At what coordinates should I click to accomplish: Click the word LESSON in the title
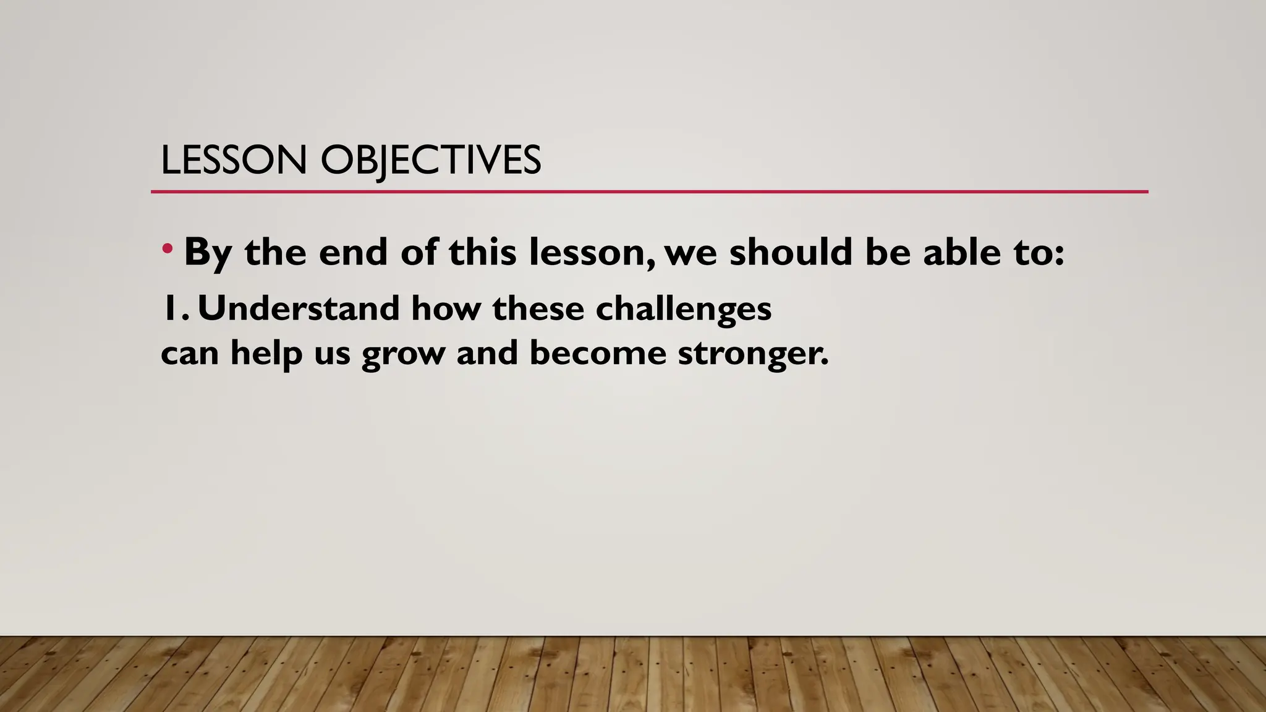click(233, 160)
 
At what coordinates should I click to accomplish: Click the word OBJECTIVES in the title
click(431, 160)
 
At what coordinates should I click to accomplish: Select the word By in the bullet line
click(208, 253)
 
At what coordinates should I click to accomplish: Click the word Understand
click(299, 308)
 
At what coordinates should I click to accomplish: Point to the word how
click(446, 308)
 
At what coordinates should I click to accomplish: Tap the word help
click(266, 354)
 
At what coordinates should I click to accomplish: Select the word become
click(598, 353)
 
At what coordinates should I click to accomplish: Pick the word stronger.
click(752, 354)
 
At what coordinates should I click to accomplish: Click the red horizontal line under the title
click(649, 192)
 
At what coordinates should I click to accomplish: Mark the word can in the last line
click(190, 354)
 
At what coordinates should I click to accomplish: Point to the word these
click(538, 308)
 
